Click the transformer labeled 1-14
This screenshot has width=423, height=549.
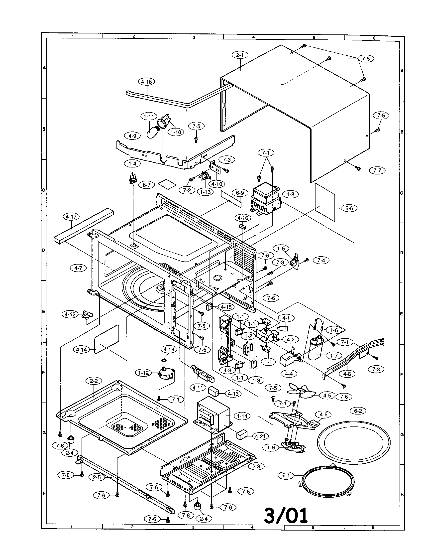(213, 414)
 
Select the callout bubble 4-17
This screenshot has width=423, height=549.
(72, 217)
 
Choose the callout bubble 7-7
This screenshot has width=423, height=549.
(377, 170)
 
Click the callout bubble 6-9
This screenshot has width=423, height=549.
(240, 193)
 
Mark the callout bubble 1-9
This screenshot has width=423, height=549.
(271, 447)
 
